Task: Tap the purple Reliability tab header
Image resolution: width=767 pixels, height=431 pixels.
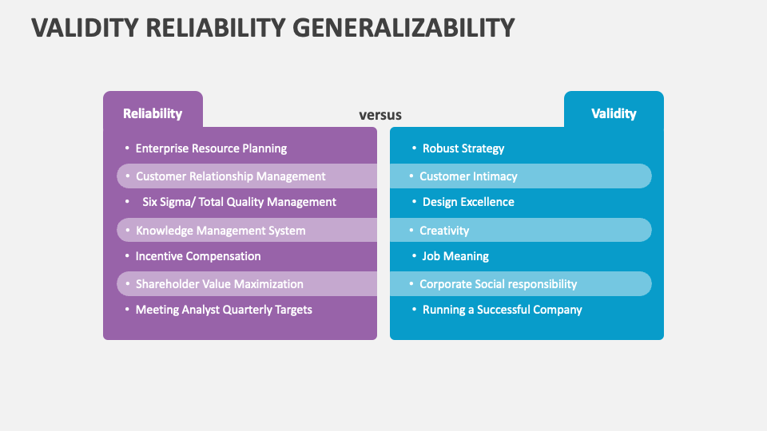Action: [x=153, y=113]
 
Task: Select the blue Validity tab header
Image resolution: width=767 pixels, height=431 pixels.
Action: [x=614, y=113]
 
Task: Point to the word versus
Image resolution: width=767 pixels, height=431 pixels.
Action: [x=380, y=115]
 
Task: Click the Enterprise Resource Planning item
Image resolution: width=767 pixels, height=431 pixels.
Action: [x=211, y=148]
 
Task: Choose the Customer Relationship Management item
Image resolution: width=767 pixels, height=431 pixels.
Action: [x=230, y=176]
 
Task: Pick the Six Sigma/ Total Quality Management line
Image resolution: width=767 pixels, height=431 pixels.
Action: [x=239, y=202]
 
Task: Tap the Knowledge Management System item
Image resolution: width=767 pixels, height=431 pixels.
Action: [x=221, y=231]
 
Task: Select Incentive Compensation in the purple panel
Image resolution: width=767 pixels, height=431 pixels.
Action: [x=198, y=256]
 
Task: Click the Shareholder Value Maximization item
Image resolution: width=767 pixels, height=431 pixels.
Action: [x=220, y=284]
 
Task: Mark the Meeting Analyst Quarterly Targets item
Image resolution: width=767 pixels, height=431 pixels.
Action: [x=224, y=310]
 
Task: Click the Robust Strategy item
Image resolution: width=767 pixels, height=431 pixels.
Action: [x=463, y=148]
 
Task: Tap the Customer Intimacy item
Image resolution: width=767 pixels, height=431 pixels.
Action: [x=468, y=176]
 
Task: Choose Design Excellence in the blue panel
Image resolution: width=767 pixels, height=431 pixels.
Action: [x=468, y=202]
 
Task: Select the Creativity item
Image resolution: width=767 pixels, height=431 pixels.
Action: [x=444, y=231]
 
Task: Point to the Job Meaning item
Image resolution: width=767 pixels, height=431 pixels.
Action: [x=455, y=256]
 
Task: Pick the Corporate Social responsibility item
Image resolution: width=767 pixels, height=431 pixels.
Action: [x=498, y=284]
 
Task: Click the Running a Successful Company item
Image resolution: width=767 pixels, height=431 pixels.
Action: [x=502, y=310]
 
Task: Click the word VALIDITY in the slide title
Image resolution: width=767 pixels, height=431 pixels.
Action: [x=85, y=28]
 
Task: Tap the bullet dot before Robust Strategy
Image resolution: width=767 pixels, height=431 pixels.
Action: [x=414, y=148]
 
